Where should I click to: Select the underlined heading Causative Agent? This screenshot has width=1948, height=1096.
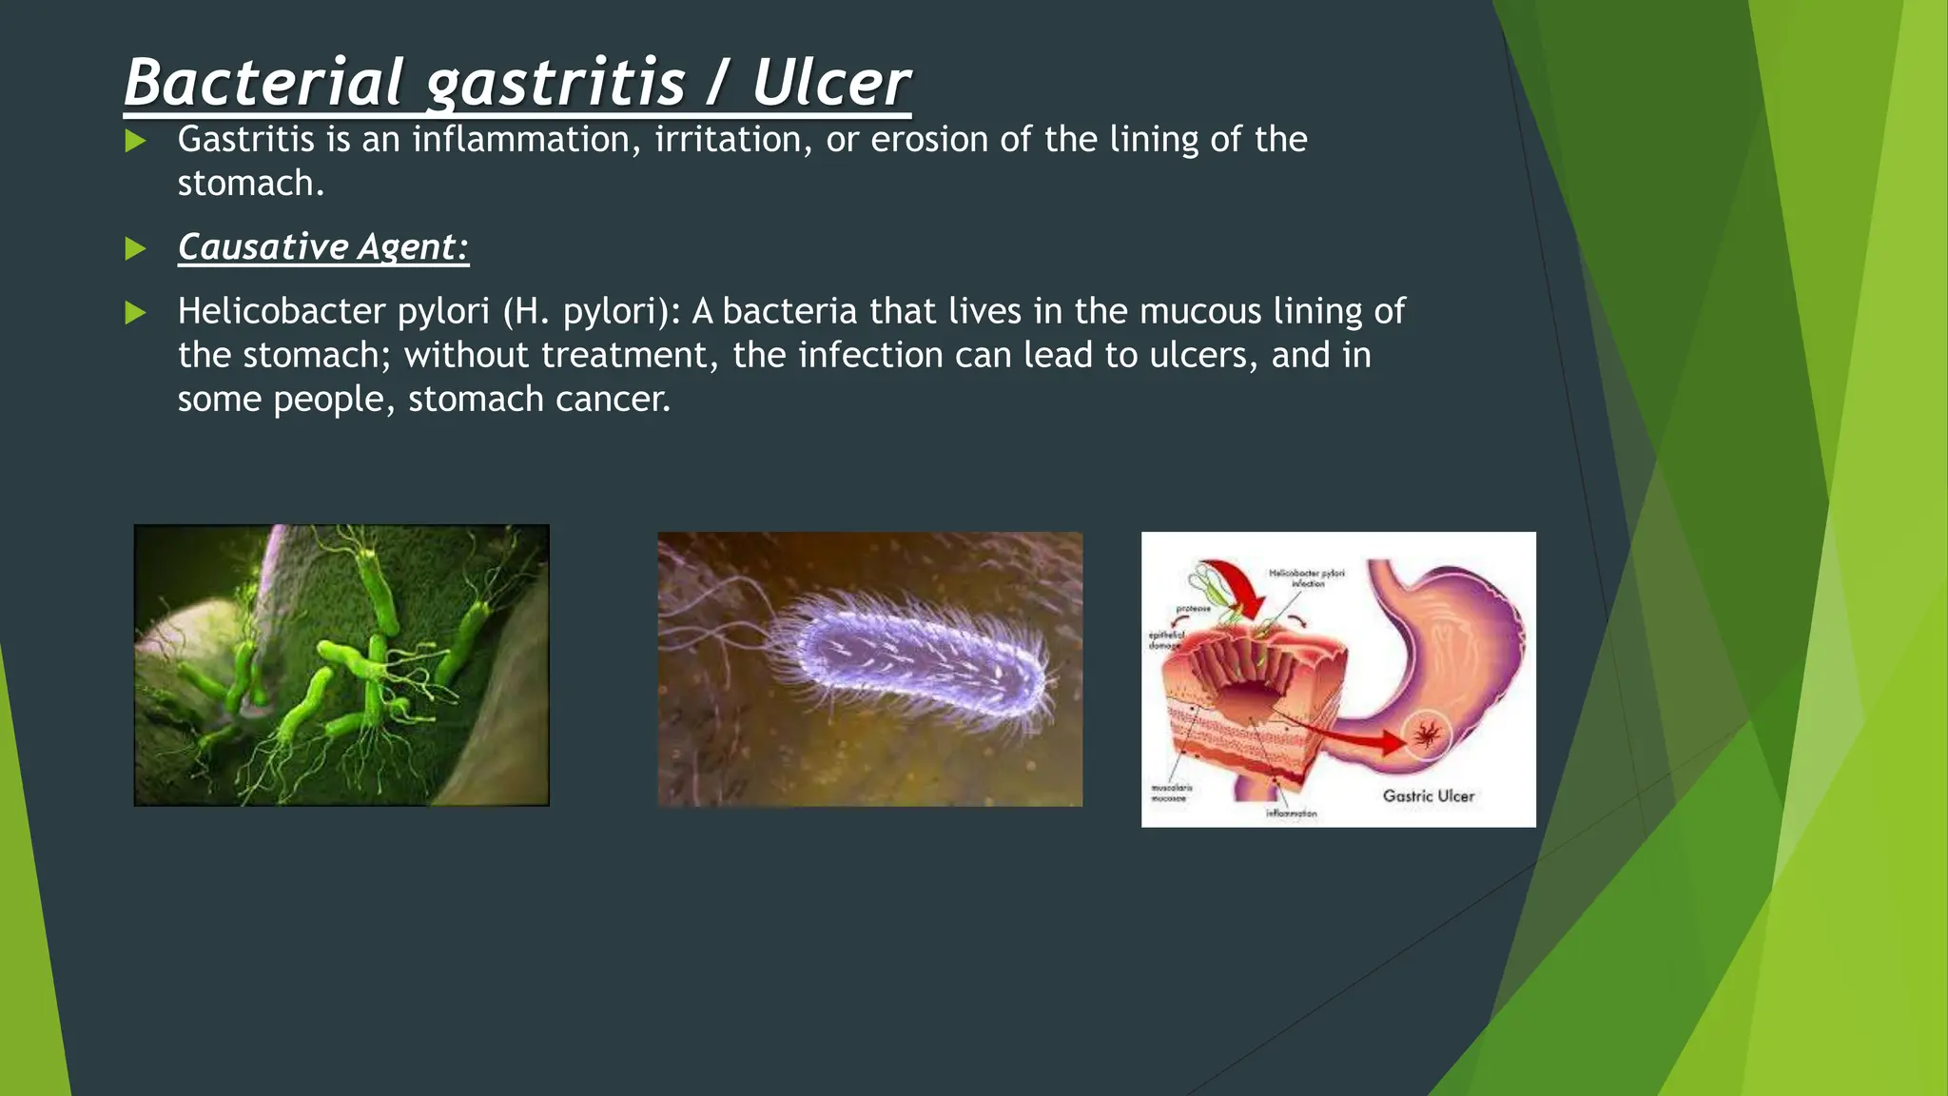pyautogui.click(x=323, y=247)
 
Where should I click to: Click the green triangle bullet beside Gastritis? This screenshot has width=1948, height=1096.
pyautogui.click(x=136, y=142)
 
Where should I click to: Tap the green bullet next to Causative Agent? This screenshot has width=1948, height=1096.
pyautogui.click(x=136, y=249)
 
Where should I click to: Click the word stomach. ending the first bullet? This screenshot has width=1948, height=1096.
pyautogui.click(x=250, y=184)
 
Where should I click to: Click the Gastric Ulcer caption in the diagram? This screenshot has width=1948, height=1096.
pyautogui.click(x=1428, y=795)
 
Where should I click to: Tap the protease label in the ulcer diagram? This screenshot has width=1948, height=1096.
pyautogui.click(x=1193, y=608)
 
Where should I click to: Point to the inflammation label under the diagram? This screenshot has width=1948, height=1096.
pyautogui.click(x=1291, y=813)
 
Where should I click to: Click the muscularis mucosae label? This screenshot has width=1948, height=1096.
pyautogui.click(x=1171, y=793)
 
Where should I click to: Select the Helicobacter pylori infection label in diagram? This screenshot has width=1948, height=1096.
pyautogui.click(x=1307, y=577)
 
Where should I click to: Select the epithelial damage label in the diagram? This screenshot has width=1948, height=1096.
pyautogui.click(x=1166, y=639)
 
